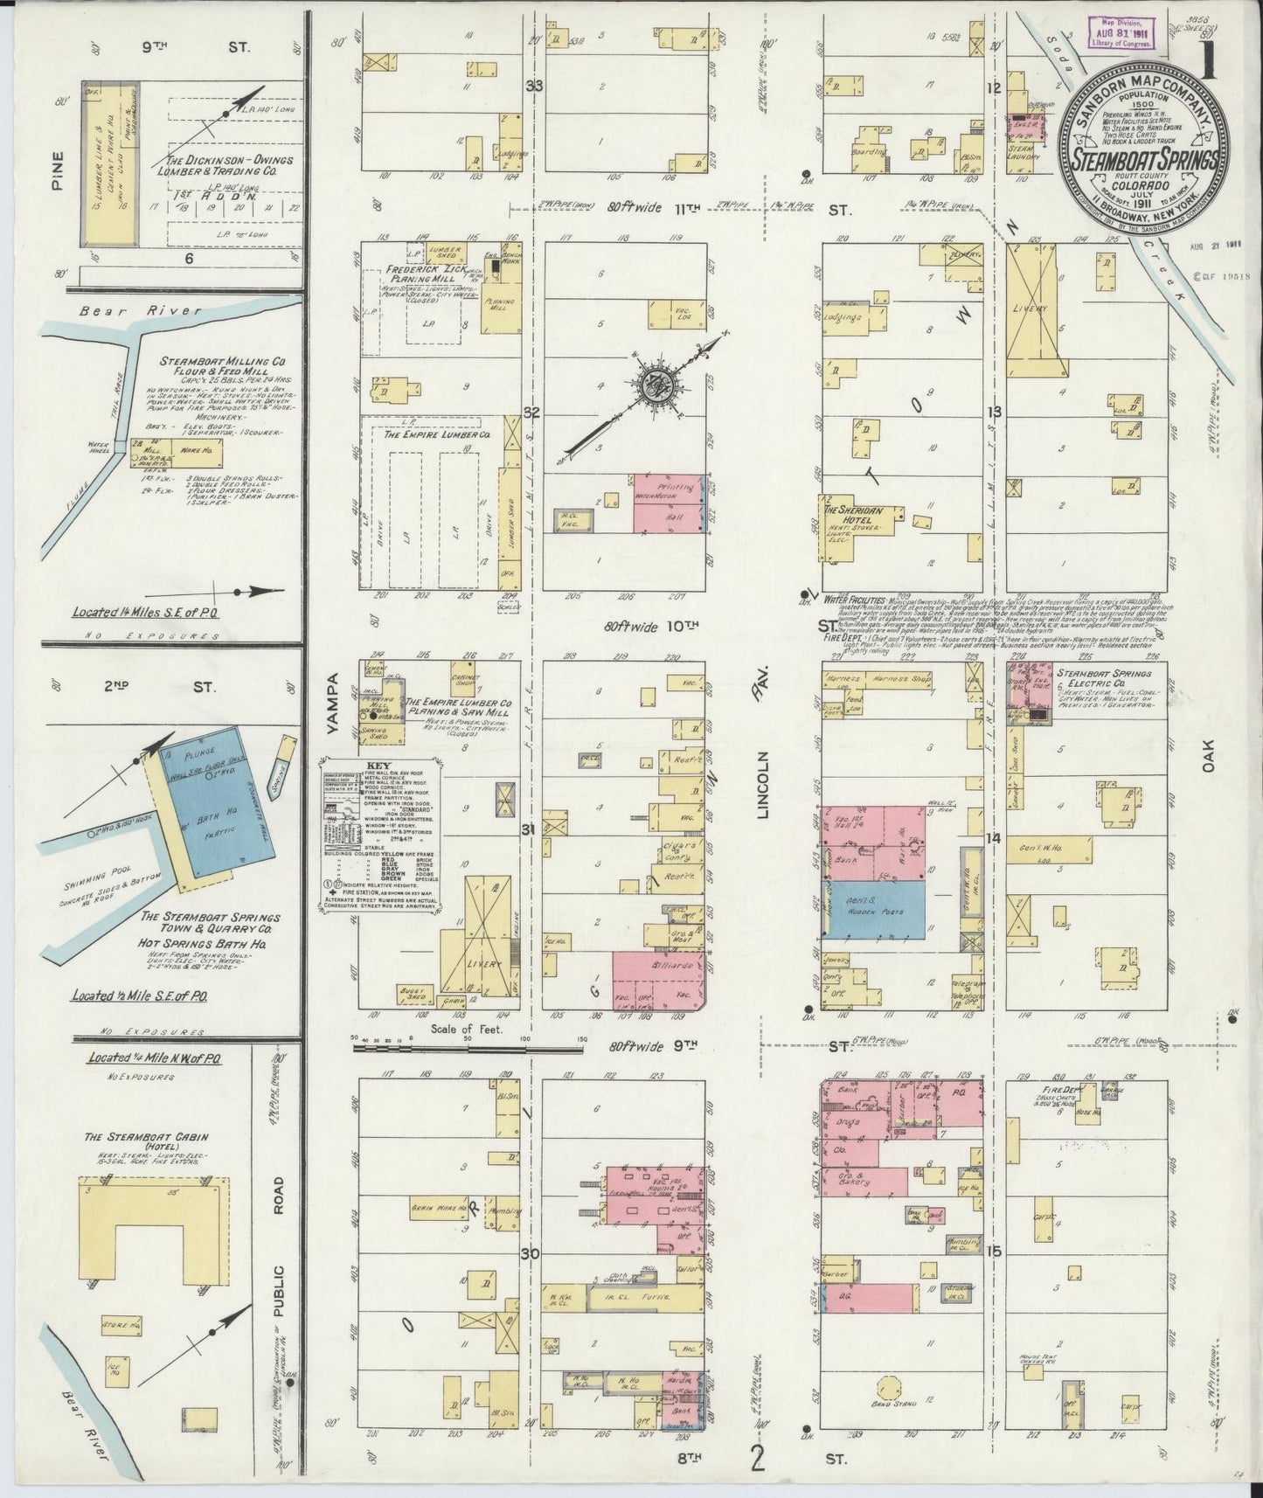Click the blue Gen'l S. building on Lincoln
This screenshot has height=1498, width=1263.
pos(874,909)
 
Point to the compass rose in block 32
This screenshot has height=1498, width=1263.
pos(655,385)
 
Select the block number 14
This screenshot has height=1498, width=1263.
pos(992,838)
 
